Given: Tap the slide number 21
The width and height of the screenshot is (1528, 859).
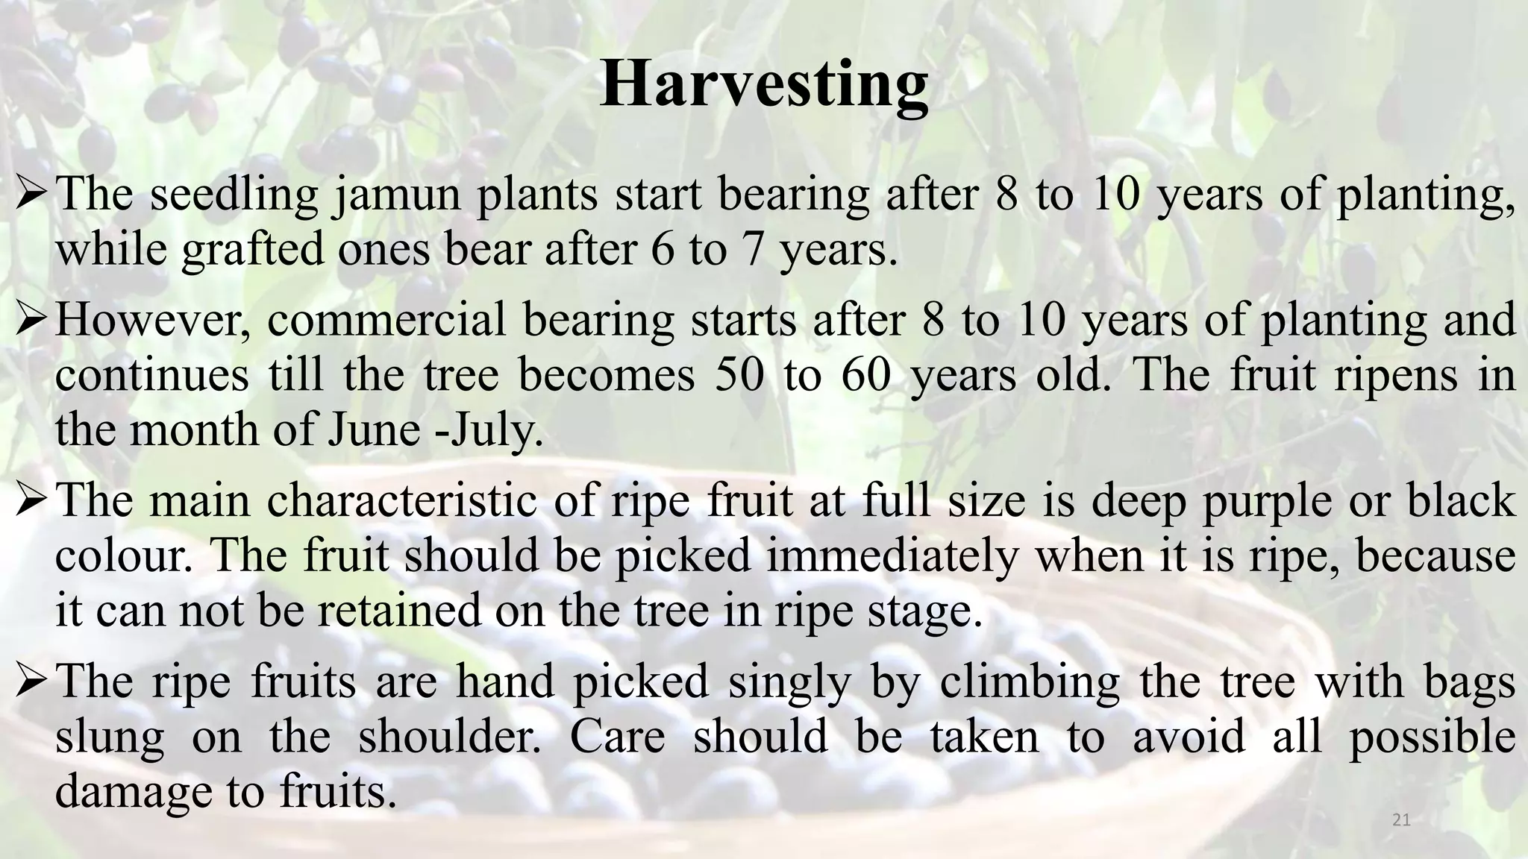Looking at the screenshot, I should pyautogui.click(x=1401, y=820).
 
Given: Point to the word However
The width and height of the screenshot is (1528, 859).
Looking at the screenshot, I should pyautogui.click(x=153, y=321).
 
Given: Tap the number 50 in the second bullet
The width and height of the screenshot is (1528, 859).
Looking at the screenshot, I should pyautogui.click(x=739, y=375).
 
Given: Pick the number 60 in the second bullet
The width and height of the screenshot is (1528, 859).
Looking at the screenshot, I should pyautogui.click(x=866, y=375).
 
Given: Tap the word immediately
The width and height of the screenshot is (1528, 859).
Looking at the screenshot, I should pyautogui.click(x=892, y=556).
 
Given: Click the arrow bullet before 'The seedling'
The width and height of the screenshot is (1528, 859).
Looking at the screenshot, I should pyautogui.click(x=32, y=195).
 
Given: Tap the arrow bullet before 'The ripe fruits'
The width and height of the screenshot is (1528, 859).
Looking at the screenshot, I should pyautogui.click(x=32, y=682).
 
